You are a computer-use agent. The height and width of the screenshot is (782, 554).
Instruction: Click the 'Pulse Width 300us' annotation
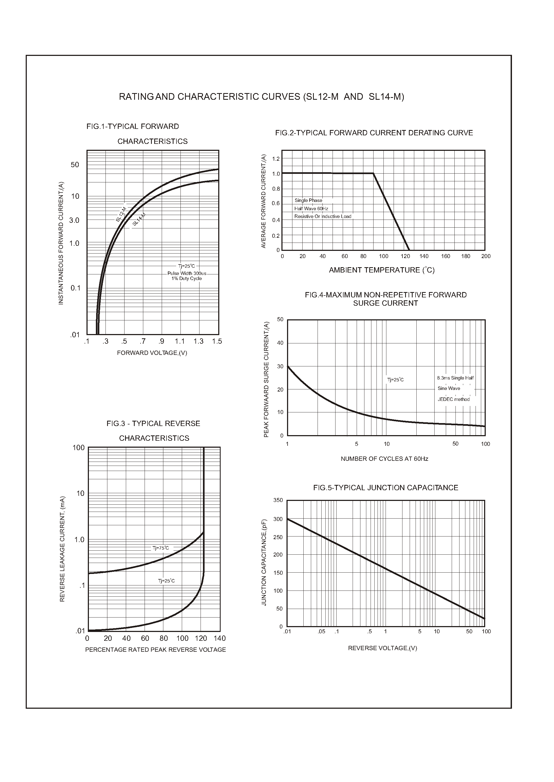click(x=187, y=274)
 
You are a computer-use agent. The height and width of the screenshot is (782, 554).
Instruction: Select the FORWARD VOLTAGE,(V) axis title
click(x=152, y=353)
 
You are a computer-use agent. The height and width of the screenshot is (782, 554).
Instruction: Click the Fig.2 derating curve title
click(x=374, y=133)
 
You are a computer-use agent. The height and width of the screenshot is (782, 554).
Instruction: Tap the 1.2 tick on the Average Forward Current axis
click(x=276, y=159)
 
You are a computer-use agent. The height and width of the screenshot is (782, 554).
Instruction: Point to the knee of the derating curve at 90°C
click(x=373, y=174)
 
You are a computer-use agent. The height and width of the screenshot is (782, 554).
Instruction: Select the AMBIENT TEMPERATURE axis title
click(x=381, y=270)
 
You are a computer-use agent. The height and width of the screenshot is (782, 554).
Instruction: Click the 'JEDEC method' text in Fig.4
click(x=454, y=399)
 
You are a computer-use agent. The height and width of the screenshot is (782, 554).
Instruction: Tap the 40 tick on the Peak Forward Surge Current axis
click(x=280, y=343)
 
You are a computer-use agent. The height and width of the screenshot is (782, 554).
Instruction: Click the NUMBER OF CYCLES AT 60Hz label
click(x=385, y=459)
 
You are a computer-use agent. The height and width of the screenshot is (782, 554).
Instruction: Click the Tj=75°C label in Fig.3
click(x=161, y=548)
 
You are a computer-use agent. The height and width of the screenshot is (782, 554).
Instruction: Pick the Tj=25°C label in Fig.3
click(x=167, y=581)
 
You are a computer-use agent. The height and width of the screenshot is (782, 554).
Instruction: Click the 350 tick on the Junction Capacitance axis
click(x=278, y=500)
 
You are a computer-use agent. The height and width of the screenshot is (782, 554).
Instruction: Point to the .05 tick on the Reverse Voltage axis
click(x=321, y=631)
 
